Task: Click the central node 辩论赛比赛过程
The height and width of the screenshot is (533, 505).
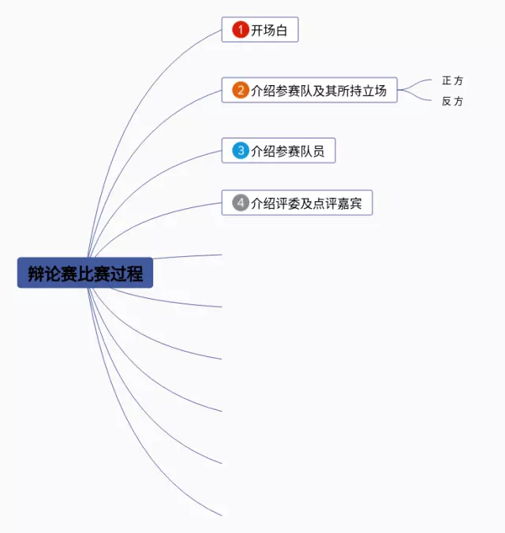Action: (85, 274)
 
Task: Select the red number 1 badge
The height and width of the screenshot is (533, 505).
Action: (241, 30)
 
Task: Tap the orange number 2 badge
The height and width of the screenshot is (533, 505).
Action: (241, 90)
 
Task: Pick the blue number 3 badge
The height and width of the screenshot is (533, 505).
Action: (241, 150)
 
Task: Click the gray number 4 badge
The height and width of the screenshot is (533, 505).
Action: (241, 203)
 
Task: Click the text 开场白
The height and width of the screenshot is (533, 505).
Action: (269, 31)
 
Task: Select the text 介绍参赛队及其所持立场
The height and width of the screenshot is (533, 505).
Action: (319, 91)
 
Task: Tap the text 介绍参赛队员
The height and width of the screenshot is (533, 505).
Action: (287, 151)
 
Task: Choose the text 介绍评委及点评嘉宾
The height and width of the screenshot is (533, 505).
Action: (306, 203)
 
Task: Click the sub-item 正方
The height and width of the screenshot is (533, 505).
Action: (452, 80)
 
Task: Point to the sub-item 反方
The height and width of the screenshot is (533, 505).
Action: (452, 101)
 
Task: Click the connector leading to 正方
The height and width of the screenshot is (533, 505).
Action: (418, 84)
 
